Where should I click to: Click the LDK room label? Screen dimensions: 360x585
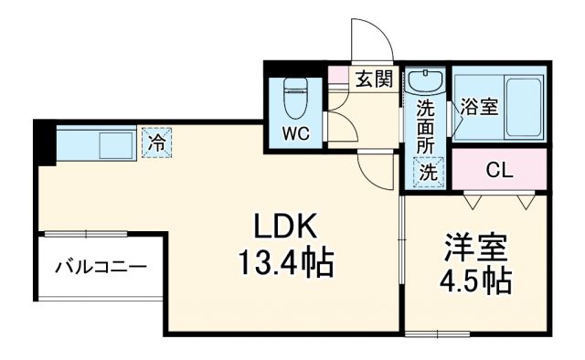[x=285, y=226]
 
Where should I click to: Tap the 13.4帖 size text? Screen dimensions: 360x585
[x=285, y=265]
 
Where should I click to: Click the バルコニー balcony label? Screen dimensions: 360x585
[x=100, y=269]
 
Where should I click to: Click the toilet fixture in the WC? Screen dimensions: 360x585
[x=295, y=92]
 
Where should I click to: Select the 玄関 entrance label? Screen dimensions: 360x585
[x=374, y=79]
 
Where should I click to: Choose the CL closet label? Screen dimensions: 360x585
[x=498, y=170]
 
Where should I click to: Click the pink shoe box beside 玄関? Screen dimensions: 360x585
[x=338, y=76]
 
